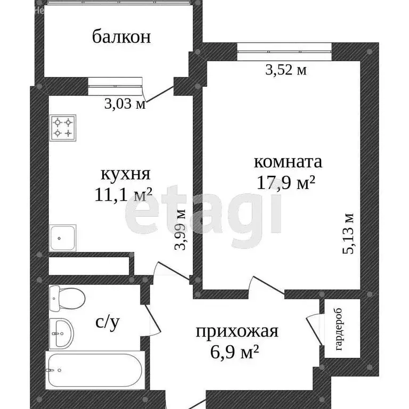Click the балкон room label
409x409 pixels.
tap(121, 37)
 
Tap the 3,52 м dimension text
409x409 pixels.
tap(285, 69)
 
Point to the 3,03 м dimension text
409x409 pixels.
tap(125, 103)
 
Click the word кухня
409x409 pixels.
tap(125, 174)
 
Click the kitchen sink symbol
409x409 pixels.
tap(63, 238)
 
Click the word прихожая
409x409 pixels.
tap(237, 332)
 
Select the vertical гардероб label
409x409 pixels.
tap(340, 330)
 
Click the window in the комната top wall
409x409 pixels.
tap(284, 53)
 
